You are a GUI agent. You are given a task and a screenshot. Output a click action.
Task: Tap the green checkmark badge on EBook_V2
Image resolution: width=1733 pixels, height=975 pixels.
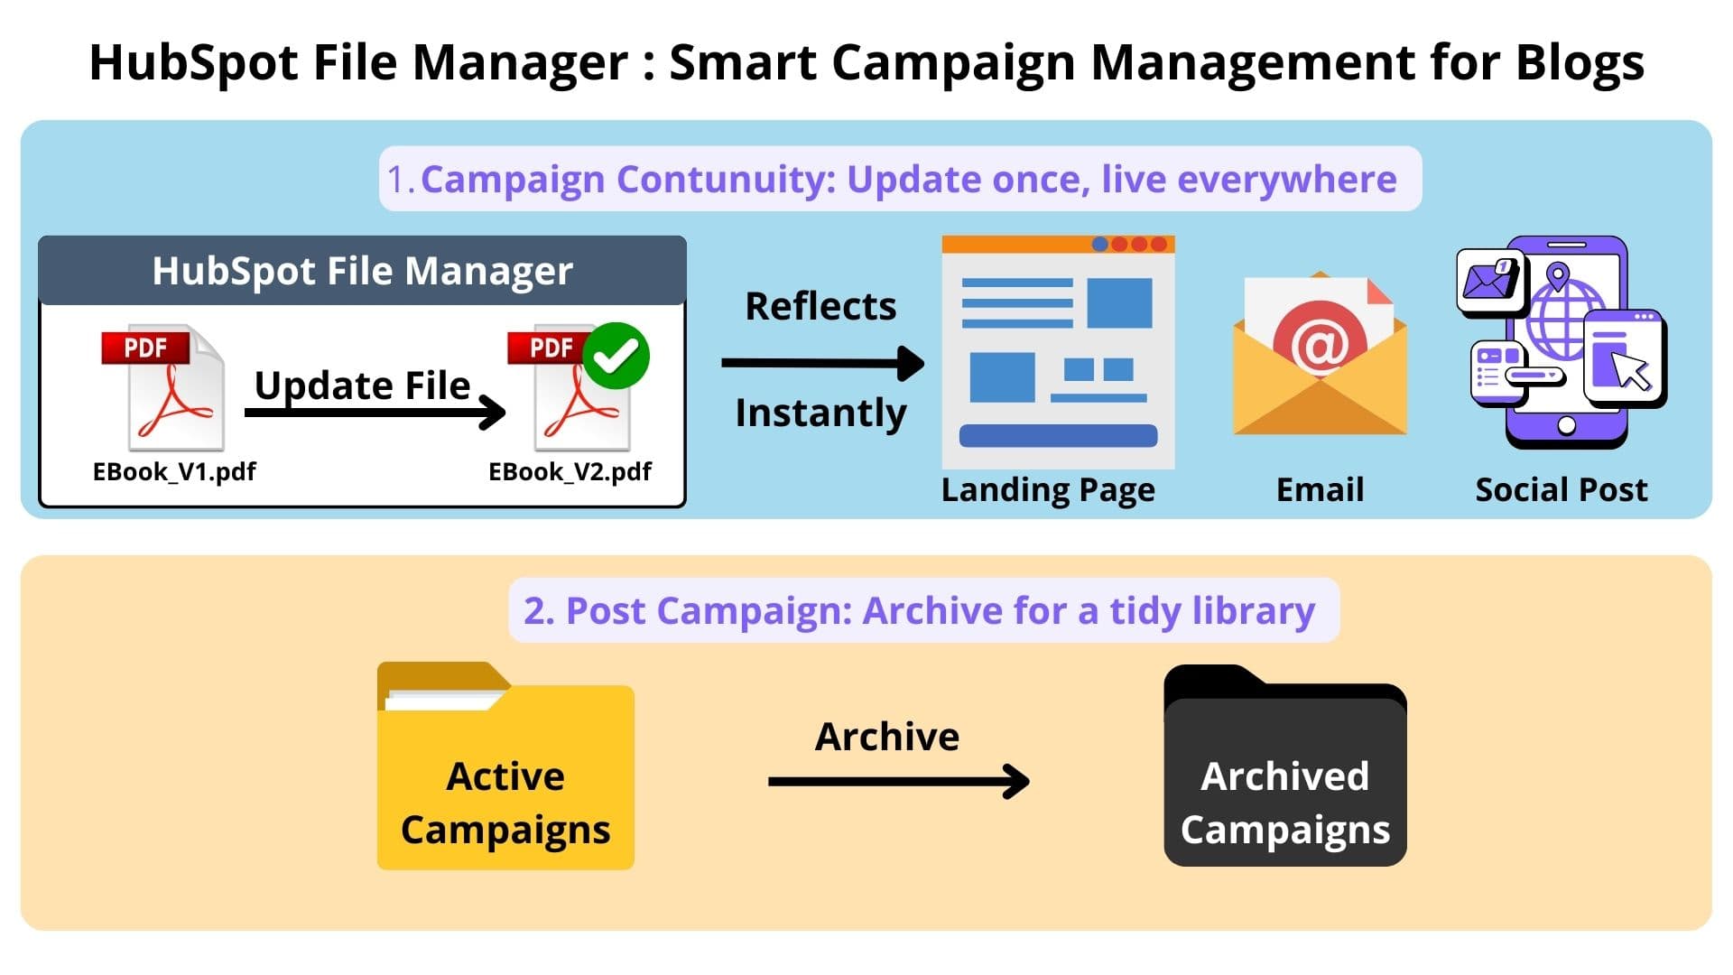tap(616, 356)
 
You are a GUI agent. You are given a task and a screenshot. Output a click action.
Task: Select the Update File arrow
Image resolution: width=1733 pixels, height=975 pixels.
tap(375, 413)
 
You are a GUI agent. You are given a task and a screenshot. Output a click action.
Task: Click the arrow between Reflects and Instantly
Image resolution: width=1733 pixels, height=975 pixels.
tap(821, 363)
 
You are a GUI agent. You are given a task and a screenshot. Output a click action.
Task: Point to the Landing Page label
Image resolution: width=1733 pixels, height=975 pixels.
tap(1047, 490)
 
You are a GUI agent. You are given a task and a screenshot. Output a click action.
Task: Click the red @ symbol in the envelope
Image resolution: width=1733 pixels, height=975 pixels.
tap(1319, 343)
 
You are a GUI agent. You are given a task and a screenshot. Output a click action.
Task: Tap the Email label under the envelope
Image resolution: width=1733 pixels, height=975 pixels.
tap(1320, 490)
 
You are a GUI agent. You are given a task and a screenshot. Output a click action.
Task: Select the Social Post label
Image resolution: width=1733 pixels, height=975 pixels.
tap(1561, 490)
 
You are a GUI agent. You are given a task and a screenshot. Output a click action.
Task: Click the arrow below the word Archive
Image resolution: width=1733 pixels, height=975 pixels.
tap(898, 782)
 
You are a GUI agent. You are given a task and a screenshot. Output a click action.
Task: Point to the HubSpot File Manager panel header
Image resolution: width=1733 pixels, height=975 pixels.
tap(362, 271)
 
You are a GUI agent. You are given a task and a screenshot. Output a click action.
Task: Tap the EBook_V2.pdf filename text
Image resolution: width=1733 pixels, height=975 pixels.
tap(570, 472)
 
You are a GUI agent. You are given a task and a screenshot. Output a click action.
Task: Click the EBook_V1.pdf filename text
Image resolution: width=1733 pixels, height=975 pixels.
tap(174, 472)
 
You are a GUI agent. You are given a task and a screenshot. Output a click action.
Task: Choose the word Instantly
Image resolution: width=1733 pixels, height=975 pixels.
tap(820, 413)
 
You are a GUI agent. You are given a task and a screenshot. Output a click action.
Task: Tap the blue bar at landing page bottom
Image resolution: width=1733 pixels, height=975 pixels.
tap(1058, 436)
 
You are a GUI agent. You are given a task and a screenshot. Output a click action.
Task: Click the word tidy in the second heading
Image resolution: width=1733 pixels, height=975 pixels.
tap(1145, 611)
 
